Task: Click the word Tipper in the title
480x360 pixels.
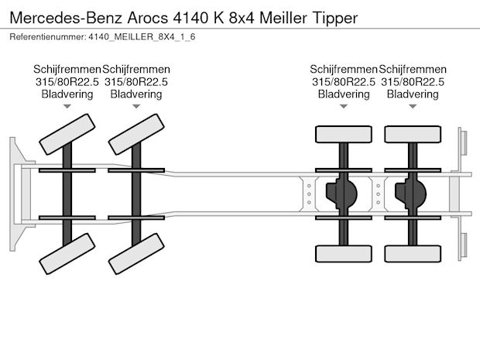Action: coord(335,18)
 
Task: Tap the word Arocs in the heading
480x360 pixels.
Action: coord(148,18)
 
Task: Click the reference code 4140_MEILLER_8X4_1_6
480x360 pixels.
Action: coord(142,36)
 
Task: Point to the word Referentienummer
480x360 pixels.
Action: coord(48,36)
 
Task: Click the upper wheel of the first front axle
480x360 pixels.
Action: coord(67,134)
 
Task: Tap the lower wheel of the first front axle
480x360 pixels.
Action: coord(67,254)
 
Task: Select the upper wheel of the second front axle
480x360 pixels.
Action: coord(136,134)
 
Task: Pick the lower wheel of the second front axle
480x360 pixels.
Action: coord(136,254)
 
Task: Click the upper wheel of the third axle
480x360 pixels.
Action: coord(344,134)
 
